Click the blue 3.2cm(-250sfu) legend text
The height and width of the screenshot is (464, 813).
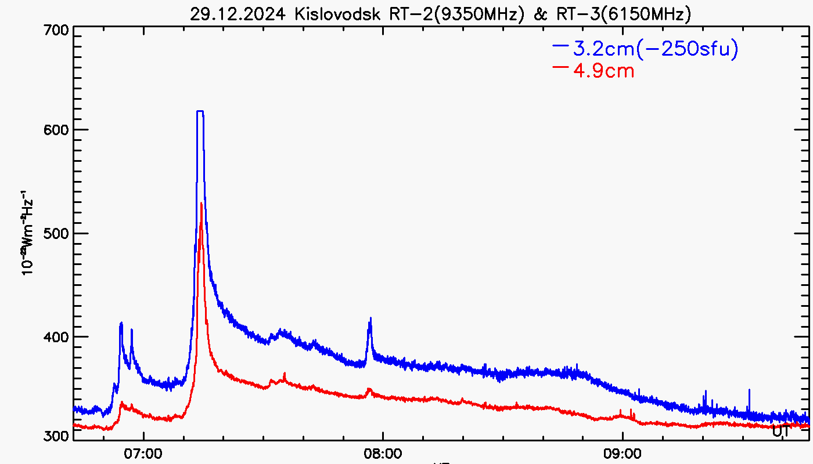[x=656, y=50]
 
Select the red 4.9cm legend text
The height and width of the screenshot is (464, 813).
[x=603, y=71]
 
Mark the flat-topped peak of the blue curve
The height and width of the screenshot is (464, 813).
[x=200, y=111]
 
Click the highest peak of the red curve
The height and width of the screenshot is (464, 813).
[x=201, y=204]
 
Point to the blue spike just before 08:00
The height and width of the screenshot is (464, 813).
[x=370, y=320]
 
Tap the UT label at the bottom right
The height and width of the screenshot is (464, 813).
[x=781, y=431]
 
